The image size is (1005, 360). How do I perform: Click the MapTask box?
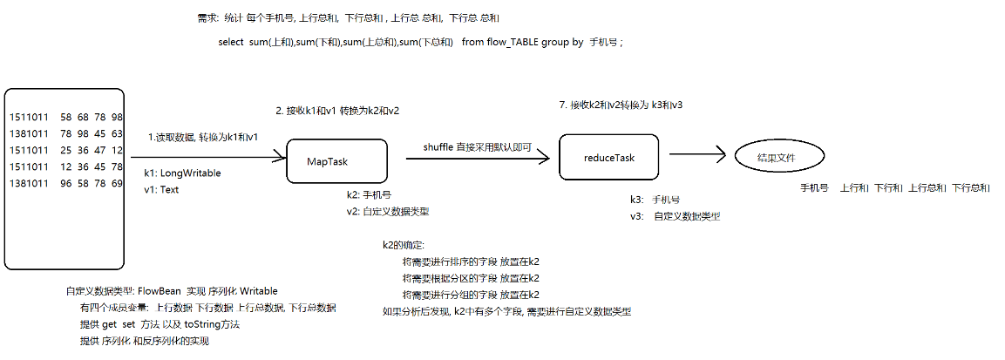tap(335, 160)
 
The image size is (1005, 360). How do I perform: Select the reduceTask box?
tap(608, 158)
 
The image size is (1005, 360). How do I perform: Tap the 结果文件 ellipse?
tap(778, 158)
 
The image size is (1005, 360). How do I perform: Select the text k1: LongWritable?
tap(182, 173)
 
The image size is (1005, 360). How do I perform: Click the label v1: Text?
tap(161, 190)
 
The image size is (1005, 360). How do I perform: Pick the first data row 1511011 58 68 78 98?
tap(66, 117)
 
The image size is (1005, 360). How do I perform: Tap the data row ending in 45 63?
tap(66, 133)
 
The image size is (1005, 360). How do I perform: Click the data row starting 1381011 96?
tap(66, 183)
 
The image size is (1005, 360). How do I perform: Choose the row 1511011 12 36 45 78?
tap(66, 166)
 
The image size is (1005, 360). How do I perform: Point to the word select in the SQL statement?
tap(231, 43)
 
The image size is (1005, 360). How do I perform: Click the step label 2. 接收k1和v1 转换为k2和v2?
tap(337, 111)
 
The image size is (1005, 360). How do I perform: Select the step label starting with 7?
tap(620, 105)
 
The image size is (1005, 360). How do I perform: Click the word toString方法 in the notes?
tap(212, 324)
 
